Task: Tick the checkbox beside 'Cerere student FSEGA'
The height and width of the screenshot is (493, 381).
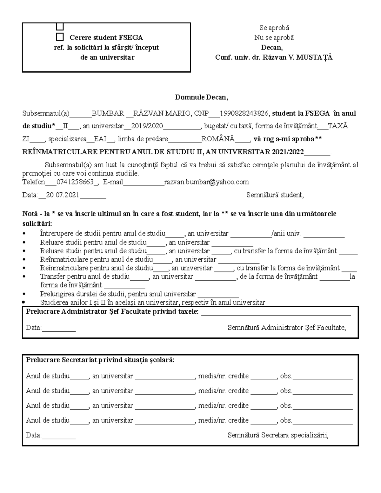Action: point(60,37)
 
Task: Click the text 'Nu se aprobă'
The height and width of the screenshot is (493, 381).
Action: point(274,38)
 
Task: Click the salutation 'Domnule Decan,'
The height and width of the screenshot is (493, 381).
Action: point(201,97)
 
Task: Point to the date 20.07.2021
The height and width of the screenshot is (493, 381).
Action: point(63,195)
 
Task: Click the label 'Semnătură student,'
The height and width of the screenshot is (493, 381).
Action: point(275,195)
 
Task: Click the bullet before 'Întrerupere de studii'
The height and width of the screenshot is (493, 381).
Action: point(25,234)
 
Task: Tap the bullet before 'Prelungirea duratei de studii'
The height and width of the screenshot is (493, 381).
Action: point(25,294)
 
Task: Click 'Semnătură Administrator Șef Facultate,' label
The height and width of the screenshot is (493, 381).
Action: point(286,327)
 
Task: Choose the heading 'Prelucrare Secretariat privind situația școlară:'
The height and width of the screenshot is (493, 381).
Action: point(100,360)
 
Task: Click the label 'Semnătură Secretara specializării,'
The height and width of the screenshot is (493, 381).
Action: point(278,435)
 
